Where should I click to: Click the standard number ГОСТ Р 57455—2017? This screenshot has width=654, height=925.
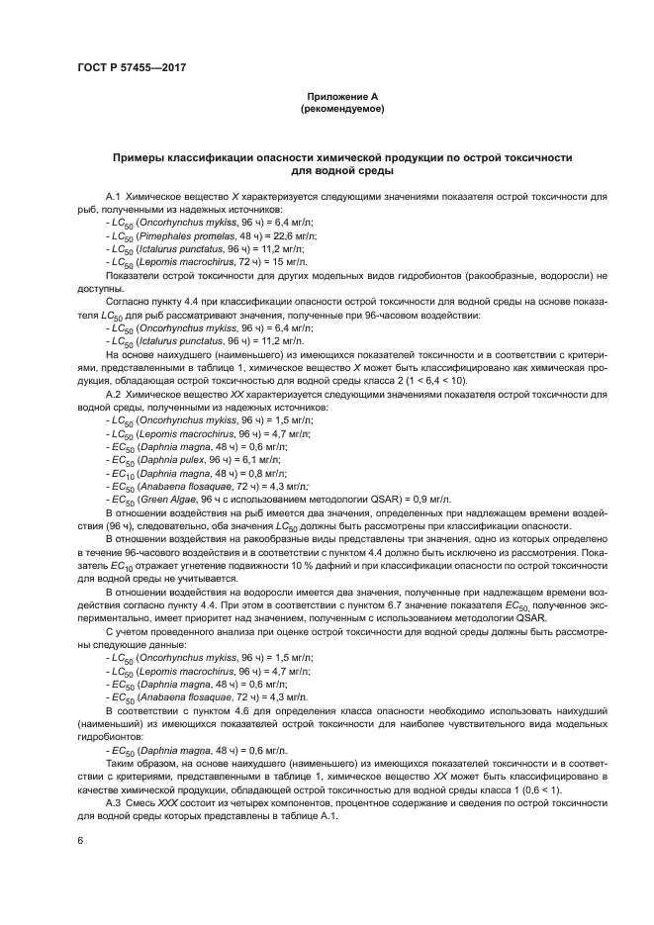click(x=132, y=66)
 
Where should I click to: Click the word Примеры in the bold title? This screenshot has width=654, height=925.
click(x=144, y=157)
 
